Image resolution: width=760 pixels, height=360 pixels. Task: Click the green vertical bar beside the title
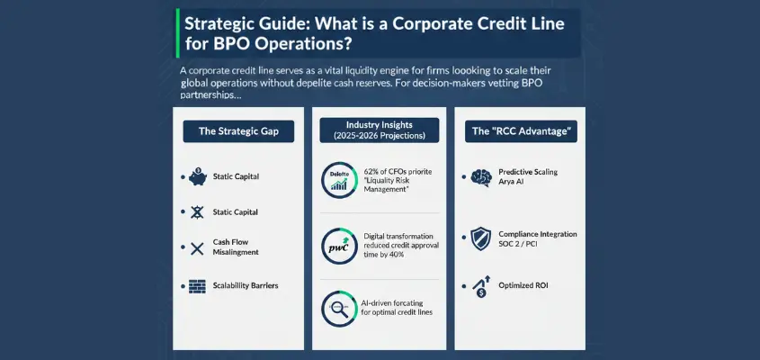click(x=176, y=32)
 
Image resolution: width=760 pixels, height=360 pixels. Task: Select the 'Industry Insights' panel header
click(x=379, y=130)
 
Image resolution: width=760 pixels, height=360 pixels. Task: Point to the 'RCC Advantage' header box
click(x=523, y=131)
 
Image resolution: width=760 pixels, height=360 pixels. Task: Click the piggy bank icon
click(x=197, y=175)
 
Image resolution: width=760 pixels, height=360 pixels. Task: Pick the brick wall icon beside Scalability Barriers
click(x=197, y=285)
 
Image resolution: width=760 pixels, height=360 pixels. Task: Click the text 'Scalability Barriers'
click(x=246, y=285)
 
